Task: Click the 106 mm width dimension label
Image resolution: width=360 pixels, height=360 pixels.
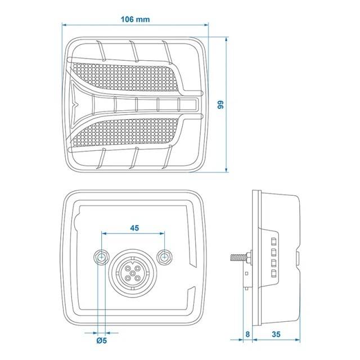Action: [135, 19]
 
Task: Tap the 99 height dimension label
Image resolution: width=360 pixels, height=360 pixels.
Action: [220, 105]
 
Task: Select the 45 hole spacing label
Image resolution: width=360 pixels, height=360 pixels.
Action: [134, 228]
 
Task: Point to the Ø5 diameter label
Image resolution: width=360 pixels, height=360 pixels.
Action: [102, 340]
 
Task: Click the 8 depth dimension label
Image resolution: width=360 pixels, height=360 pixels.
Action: [247, 334]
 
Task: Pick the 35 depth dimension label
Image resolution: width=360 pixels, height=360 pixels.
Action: [276, 334]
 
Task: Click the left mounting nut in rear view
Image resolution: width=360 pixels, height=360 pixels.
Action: [101, 258]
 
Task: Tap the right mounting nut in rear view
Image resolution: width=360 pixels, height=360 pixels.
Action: [164, 257]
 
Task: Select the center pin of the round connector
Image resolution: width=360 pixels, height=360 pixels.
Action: [133, 273]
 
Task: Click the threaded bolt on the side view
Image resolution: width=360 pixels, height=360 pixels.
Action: [238, 258]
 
